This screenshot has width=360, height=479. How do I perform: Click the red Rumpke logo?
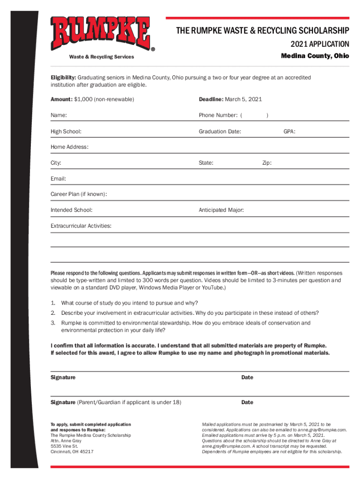[x=101, y=34]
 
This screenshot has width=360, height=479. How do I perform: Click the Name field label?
[x=58, y=115]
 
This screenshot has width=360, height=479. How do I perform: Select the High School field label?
[x=66, y=132]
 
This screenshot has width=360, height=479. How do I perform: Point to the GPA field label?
[x=289, y=132]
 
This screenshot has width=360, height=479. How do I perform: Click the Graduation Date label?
[x=220, y=132]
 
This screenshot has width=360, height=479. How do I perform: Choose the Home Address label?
[x=69, y=147]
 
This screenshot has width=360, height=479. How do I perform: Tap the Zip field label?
[x=267, y=163]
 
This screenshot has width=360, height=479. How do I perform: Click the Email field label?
[x=58, y=179]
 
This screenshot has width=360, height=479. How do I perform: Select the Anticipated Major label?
[x=221, y=210]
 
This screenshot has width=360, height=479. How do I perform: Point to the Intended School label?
[x=71, y=210]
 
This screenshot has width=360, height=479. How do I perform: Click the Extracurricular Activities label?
[x=81, y=226]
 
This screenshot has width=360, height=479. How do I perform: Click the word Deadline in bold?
[x=211, y=99]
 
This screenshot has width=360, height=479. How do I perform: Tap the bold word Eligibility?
[x=63, y=77]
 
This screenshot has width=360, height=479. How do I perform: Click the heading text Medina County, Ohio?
[x=315, y=56]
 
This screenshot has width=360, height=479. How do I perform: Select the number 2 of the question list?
[x=53, y=312]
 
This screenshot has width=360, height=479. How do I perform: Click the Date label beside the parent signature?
[x=247, y=402]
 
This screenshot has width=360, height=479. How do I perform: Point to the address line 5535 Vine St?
[x=64, y=446]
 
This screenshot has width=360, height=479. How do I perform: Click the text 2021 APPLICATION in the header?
[x=320, y=44]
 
